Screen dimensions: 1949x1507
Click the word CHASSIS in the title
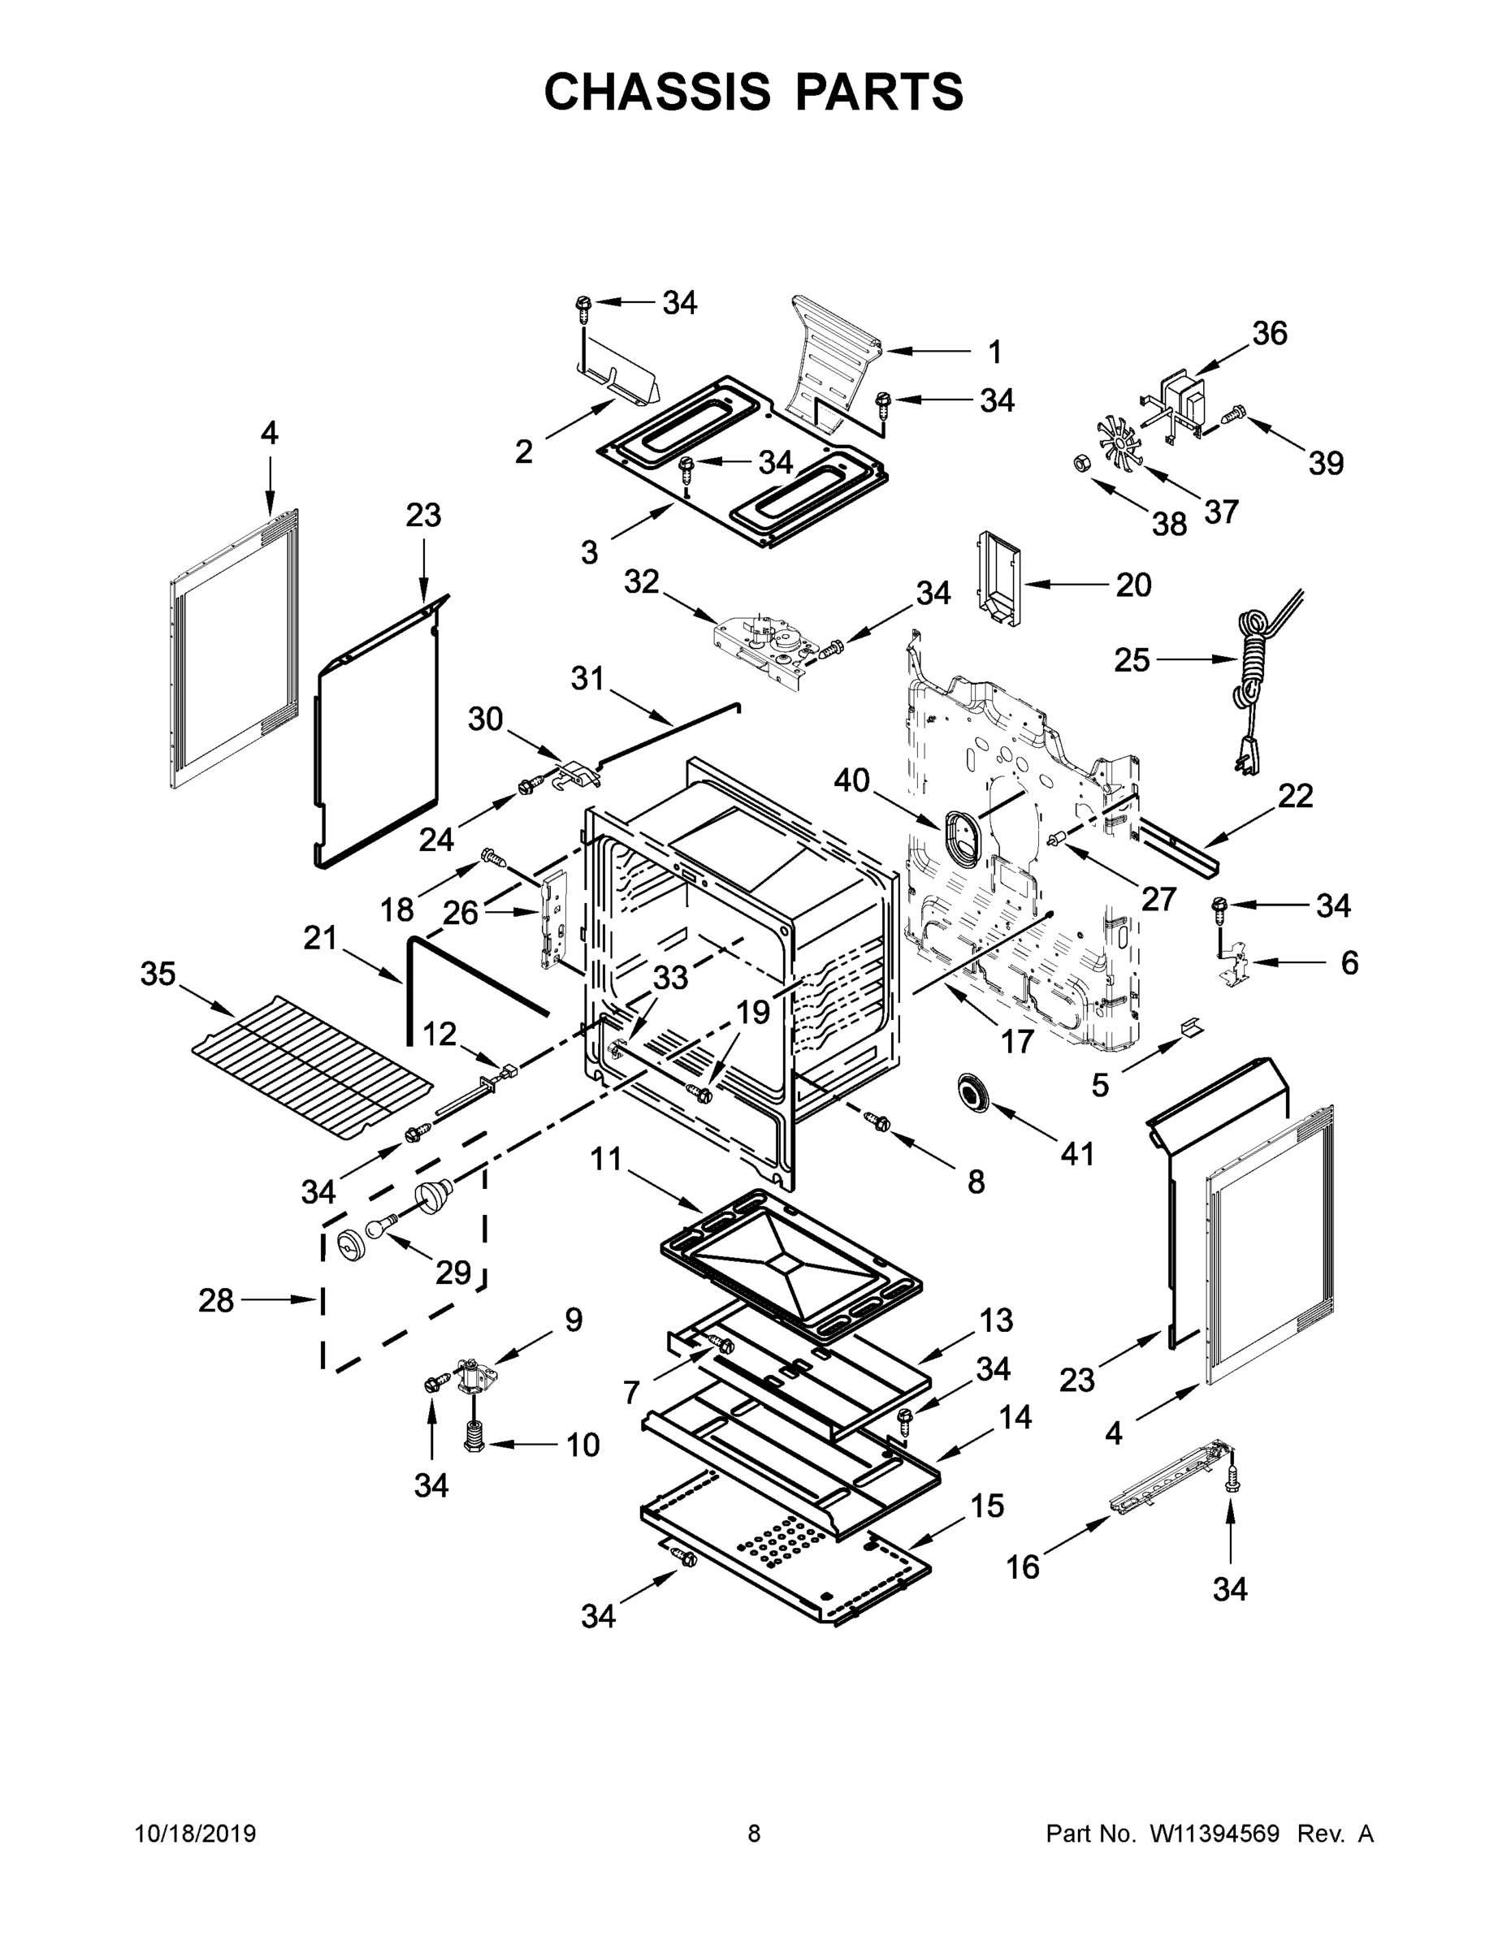[656, 91]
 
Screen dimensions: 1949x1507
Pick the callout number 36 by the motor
[1269, 333]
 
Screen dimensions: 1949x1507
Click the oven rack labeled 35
[313, 1066]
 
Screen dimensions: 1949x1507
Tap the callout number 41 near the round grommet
[1076, 1153]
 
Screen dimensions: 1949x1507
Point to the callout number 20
[1133, 585]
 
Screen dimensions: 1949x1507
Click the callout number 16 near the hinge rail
[1023, 1567]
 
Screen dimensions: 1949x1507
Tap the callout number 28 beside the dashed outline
[216, 1300]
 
